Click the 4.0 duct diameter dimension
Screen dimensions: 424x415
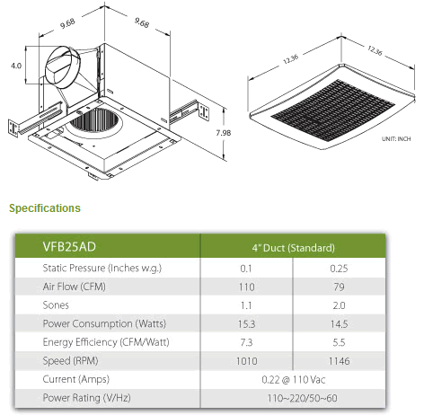16,66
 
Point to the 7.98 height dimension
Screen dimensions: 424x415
224,133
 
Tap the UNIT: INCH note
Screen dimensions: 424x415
396,139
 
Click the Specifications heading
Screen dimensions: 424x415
45,208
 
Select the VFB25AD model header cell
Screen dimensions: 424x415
69,247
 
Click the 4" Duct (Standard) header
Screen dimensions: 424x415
294,248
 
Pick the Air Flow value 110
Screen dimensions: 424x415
247,287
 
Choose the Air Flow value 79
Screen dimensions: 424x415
339,287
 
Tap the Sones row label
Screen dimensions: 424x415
56,305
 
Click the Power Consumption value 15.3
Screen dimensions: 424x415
247,324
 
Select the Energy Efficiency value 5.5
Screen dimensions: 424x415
339,342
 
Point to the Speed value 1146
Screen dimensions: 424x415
339,361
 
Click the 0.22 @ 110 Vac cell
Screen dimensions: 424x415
294,380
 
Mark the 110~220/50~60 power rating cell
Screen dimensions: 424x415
302,398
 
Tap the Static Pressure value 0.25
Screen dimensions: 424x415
339,269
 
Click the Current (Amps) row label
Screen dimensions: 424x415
76,379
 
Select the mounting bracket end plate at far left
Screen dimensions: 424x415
13,128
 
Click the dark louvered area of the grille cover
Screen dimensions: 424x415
333,110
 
